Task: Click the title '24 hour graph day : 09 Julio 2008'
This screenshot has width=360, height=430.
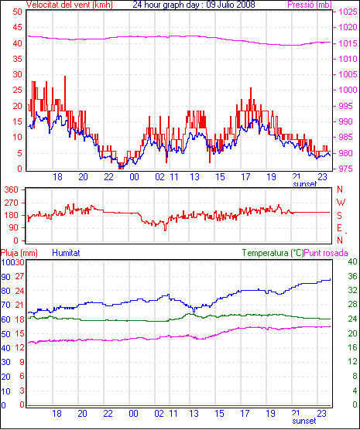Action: tap(194, 5)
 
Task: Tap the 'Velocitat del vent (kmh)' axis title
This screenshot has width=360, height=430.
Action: tap(70, 5)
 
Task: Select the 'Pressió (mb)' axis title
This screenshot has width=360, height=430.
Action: tap(310, 5)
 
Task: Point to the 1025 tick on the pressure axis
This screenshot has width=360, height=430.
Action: tap(348, 12)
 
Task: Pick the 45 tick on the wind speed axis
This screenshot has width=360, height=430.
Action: tap(18, 27)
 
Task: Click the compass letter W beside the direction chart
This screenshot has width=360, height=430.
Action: tap(341, 203)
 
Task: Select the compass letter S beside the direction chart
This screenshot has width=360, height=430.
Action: tap(340, 216)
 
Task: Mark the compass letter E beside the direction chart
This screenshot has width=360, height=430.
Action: tap(340, 228)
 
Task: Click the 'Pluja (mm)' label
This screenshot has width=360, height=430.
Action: tap(19, 253)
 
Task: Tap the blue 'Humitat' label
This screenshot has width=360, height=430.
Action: tap(66, 253)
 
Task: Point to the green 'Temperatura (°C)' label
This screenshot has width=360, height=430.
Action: tap(273, 253)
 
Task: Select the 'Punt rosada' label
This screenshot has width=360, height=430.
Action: tap(326, 253)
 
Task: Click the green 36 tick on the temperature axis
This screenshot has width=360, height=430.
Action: tap(352, 276)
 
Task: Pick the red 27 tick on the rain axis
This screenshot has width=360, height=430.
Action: tap(20, 276)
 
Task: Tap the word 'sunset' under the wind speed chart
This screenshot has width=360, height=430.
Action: tap(305, 184)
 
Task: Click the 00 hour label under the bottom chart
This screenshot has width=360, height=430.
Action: tap(133, 413)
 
